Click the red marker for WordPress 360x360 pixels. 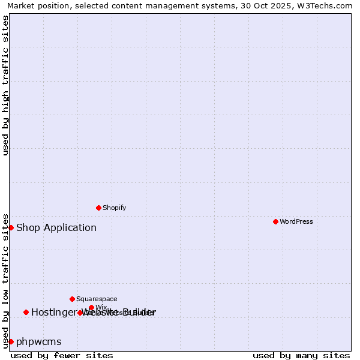(275, 221)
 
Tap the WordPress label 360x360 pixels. (296, 221)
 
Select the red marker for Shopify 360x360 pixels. (98, 208)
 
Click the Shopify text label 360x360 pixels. (114, 208)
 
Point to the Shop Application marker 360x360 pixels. (11, 227)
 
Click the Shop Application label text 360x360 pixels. (56, 227)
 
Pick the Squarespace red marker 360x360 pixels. (72, 299)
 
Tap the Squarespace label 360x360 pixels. (97, 299)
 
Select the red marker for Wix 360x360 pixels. (91, 307)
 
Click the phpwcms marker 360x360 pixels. (11, 341)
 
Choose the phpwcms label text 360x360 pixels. (39, 341)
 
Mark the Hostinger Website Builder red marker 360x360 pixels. (26, 312)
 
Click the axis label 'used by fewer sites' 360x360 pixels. (62, 355)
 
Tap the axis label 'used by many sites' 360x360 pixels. (301, 355)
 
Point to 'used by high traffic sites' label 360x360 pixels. (5, 85)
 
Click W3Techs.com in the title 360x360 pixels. (325, 5)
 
